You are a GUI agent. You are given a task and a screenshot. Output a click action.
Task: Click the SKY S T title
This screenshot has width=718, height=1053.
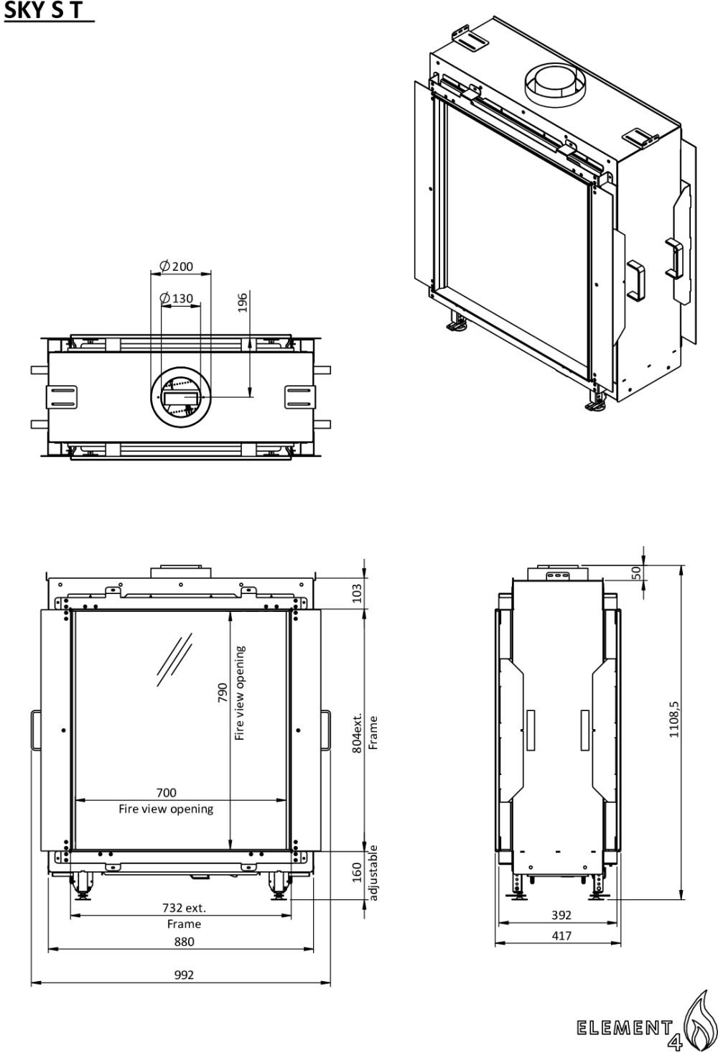coord(43,10)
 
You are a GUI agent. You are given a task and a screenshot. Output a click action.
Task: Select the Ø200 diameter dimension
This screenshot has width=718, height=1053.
coord(176,266)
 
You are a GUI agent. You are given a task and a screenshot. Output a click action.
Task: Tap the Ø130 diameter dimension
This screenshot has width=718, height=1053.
coord(176,299)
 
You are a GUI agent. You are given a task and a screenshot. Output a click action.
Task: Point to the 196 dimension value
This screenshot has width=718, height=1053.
coord(242,304)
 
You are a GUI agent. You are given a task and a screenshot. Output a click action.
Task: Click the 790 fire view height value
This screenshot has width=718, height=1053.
coord(223,692)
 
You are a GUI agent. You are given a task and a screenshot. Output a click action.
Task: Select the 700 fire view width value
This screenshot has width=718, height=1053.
coord(167,792)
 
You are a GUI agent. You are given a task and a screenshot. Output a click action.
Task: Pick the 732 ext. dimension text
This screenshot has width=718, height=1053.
coord(185,908)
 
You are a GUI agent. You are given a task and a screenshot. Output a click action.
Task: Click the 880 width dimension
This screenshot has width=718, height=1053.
coord(185,942)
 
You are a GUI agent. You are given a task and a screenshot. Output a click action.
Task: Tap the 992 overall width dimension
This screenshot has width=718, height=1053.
coord(185,975)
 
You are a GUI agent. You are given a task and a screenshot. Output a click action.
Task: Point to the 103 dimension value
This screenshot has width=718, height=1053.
coord(357,593)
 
